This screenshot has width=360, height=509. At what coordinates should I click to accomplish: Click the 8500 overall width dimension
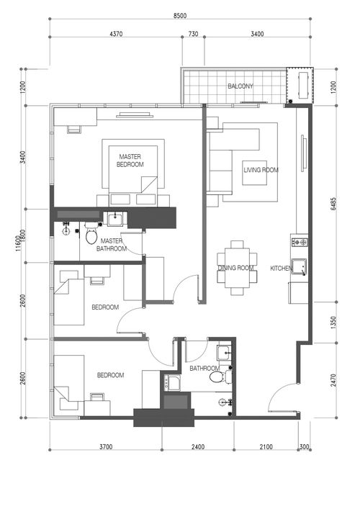(x=180, y=15)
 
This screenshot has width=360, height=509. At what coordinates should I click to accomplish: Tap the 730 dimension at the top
(x=193, y=34)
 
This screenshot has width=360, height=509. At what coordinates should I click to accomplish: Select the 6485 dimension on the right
(x=333, y=204)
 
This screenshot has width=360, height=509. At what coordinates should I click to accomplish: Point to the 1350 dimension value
(x=333, y=323)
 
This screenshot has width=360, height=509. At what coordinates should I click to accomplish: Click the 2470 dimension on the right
(x=333, y=380)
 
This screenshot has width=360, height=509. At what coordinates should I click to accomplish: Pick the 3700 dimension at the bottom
(x=106, y=446)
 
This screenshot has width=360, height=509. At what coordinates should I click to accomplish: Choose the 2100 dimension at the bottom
(x=266, y=446)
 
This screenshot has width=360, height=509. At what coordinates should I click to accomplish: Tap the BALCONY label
(x=240, y=86)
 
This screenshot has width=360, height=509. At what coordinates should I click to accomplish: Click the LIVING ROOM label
(x=261, y=170)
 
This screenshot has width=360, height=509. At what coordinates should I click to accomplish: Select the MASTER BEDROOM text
(x=130, y=161)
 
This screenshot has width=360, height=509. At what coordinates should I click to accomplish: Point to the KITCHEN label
(x=282, y=269)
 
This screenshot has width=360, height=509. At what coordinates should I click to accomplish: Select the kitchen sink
(x=299, y=267)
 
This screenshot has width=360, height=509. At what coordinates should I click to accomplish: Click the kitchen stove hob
(x=300, y=242)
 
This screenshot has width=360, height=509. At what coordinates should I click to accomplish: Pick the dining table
(x=237, y=268)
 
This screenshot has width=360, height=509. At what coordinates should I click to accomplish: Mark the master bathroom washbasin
(x=115, y=219)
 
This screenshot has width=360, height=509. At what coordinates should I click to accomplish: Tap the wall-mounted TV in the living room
(x=303, y=153)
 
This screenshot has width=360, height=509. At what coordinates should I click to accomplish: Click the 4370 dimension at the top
(x=116, y=34)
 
